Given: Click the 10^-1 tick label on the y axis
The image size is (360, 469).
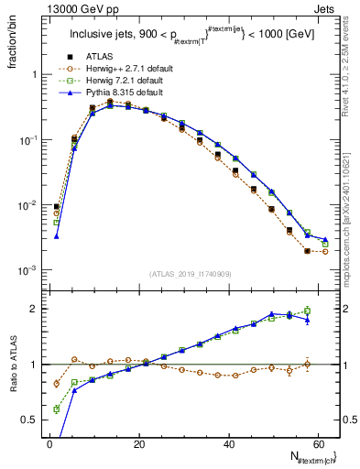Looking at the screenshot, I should tap(29, 140).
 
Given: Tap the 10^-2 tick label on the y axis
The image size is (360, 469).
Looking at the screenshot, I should tap(29, 205).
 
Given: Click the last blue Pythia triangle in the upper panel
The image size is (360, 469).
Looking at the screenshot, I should tap(325, 240).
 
